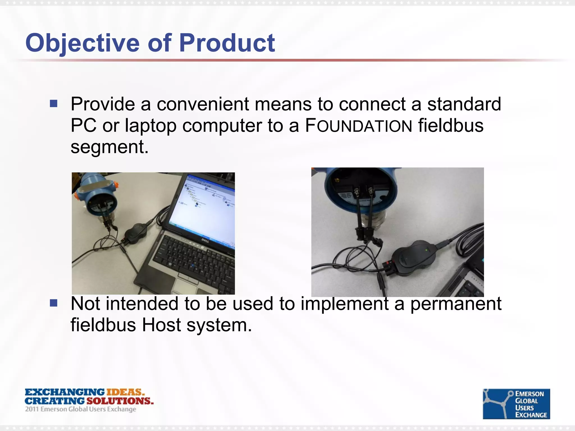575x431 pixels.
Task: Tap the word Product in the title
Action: click(x=227, y=43)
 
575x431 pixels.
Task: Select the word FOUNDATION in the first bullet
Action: click(x=359, y=126)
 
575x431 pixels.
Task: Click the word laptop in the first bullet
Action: click(x=150, y=125)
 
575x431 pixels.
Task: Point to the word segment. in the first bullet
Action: click(x=109, y=147)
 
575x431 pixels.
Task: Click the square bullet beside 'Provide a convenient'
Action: click(x=54, y=104)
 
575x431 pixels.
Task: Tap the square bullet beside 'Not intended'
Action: click(x=54, y=303)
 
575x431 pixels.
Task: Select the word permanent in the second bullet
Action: click(x=456, y=304)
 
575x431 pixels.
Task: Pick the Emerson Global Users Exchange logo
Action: click(x=516, y=404)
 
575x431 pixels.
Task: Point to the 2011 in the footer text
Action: click(x=32, y=409)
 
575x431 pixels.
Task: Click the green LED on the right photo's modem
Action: click(x=427, y=249)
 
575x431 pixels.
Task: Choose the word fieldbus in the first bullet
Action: click(x=451, y=125)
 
